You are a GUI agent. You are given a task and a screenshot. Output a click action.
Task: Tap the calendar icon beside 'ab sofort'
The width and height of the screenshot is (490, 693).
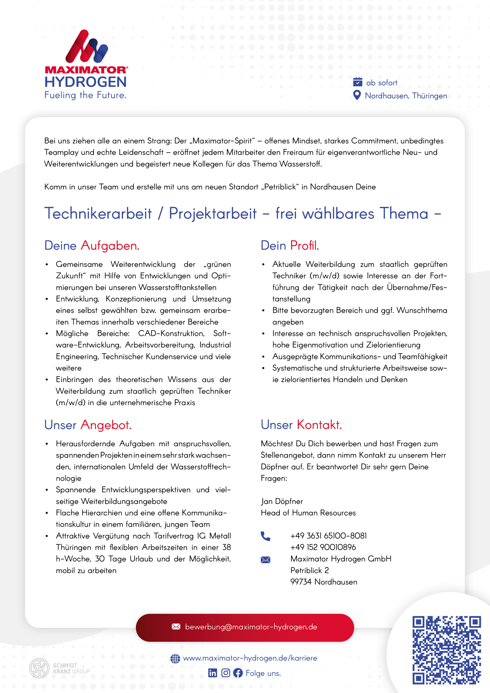[357, 82]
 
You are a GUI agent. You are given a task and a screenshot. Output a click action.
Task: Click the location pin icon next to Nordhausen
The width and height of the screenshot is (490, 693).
[357, 95]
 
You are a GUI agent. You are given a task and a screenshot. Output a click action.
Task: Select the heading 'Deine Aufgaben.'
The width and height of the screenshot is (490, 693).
[92, 245]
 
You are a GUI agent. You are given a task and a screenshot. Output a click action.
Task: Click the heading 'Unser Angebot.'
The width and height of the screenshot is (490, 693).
[88, 425]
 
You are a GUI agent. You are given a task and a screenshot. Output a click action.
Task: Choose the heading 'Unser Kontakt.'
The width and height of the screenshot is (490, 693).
[301, 425]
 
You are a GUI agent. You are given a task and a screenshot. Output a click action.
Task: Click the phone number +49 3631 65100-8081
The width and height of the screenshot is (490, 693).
[329, 536]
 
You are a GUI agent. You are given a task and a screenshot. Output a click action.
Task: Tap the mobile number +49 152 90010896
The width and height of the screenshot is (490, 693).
[323, 547]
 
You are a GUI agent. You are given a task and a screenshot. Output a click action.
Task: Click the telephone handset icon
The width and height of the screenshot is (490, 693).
[265, 536]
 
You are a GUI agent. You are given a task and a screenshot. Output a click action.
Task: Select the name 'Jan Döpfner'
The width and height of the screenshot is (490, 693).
[282, 501]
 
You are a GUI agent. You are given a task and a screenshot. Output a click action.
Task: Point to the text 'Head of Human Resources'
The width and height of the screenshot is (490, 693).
[308, 513]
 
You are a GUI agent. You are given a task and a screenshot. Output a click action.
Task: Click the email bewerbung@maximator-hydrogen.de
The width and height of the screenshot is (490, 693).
[251, 627]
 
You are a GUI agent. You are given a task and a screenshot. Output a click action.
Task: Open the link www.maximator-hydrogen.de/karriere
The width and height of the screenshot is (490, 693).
[250, 658]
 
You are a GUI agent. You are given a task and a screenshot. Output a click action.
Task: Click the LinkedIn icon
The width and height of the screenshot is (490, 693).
[213, 673]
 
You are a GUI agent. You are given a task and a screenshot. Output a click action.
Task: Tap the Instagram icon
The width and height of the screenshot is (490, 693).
[225, 673]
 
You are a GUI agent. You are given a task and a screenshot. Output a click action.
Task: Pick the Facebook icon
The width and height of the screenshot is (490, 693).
[238, 673]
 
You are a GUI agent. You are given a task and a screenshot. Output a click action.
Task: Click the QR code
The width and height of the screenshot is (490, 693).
[447, 650]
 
